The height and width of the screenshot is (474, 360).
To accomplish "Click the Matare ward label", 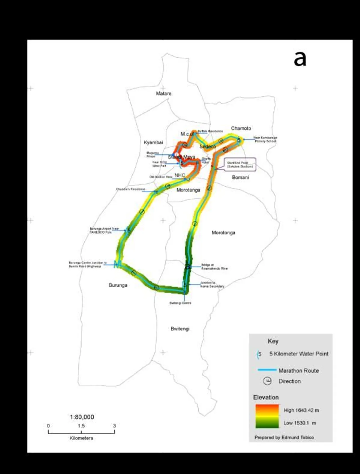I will click(163, 93).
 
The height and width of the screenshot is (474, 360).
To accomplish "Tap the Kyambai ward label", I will click(153, 142).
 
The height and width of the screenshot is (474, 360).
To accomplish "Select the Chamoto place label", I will click(241, 128).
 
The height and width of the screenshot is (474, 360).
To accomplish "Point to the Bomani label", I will click(240, 177).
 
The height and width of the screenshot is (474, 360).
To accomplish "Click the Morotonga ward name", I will click(223, 233).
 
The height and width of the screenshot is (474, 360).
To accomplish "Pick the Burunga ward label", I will click(118, 285).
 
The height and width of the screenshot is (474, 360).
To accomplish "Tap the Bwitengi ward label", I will click(180, 329).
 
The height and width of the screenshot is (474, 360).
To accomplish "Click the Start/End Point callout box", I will click(240, 165).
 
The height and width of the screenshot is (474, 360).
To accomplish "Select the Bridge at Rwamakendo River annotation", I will click(215, 267).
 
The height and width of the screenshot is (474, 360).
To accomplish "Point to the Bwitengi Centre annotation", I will click(180, 303).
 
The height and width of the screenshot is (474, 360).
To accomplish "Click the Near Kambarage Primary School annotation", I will click(265, 139).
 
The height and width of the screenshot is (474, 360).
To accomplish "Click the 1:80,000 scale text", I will click(82, 417).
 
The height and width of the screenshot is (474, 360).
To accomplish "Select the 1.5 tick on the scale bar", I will click(81, 426).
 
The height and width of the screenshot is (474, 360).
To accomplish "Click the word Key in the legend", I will click(273, 341).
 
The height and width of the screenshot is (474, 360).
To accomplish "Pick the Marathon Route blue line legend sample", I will click(267, 370).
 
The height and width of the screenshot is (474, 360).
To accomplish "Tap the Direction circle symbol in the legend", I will click(267, 381).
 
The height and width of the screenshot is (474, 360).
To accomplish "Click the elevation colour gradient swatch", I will click(267, 416).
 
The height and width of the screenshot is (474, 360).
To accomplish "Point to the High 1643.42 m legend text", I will click(301, 410).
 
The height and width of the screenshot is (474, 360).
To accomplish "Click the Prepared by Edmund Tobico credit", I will click(284, 437).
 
